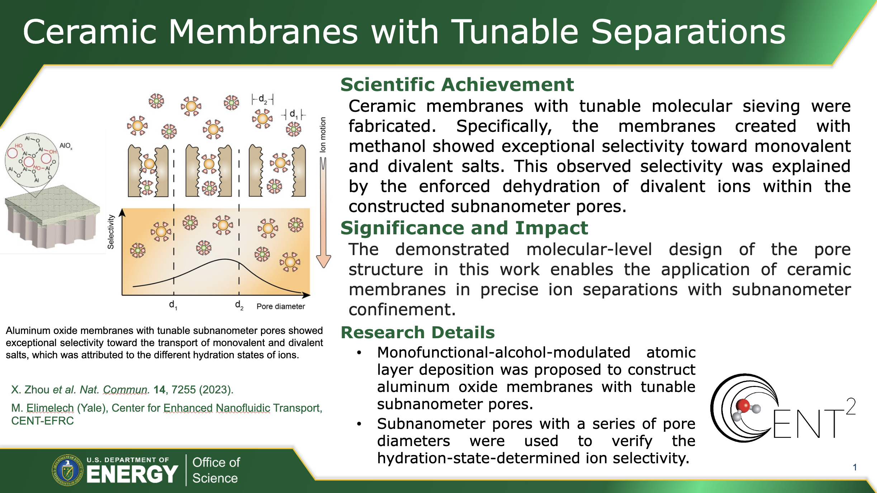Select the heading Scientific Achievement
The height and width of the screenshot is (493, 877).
[457, 85]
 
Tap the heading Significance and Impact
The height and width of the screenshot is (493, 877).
[464, 228]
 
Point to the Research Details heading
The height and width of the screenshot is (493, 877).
[418, 332]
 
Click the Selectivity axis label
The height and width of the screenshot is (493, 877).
[111, 232]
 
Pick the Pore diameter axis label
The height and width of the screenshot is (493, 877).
[281, 306]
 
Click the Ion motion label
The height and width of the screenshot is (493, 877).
[323, 135]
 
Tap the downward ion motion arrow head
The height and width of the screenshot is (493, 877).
[323, 261]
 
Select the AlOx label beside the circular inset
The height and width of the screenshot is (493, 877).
[66, 146]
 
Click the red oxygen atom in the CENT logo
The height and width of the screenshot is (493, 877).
[743, 406]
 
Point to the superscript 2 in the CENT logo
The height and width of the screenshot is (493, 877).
[850, 406]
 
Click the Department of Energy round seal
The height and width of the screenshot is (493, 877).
[68, 470]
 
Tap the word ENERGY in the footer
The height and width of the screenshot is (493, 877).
[132, 474]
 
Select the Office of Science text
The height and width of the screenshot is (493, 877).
[216, 470]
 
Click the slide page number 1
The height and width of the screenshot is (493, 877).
[855, 467]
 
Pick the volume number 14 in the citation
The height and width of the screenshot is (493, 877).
[160, 389]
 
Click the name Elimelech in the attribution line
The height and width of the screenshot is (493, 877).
[50, 408]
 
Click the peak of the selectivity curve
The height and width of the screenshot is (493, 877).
[225, 259]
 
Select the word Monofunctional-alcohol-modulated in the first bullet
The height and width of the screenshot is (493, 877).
[504, 353]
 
